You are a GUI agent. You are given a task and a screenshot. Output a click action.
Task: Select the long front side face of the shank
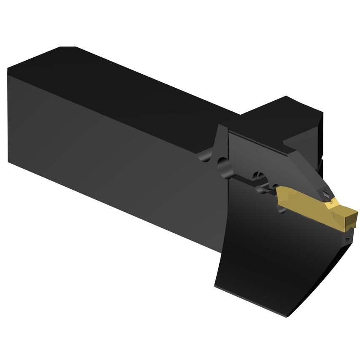[118, 160]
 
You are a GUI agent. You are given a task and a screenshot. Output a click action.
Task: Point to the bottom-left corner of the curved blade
[216, 287]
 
